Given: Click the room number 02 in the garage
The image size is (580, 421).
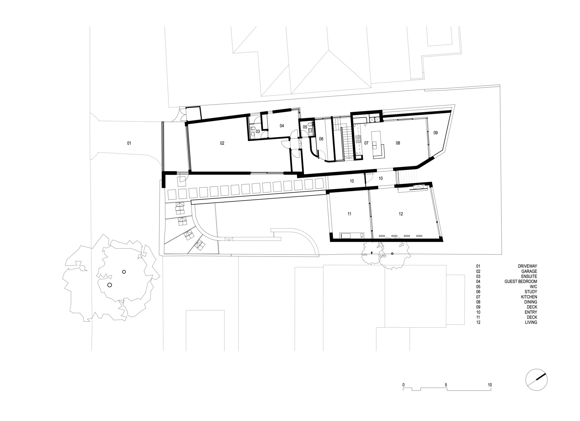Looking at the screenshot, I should point(222,143).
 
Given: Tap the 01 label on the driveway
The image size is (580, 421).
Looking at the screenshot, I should point(129,143).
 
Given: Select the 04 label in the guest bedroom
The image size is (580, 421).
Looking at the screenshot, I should point(282,126).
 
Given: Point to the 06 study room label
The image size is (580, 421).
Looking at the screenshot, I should point(321,139).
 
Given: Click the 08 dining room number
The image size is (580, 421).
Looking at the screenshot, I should point(398,143).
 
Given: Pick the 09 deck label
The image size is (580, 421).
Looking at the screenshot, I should point(435,133).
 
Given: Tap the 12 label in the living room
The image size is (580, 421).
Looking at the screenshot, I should point(401,214).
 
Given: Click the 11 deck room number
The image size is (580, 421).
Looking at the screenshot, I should point(349,214).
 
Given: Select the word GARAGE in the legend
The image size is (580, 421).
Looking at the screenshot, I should point(529,271).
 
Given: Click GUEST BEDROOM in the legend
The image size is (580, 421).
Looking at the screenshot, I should point(521,281).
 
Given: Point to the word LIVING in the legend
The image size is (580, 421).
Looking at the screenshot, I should point(531,322).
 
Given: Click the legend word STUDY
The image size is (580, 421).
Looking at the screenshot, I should point(531,292).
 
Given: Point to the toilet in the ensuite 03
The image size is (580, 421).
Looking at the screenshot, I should point(252,129).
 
